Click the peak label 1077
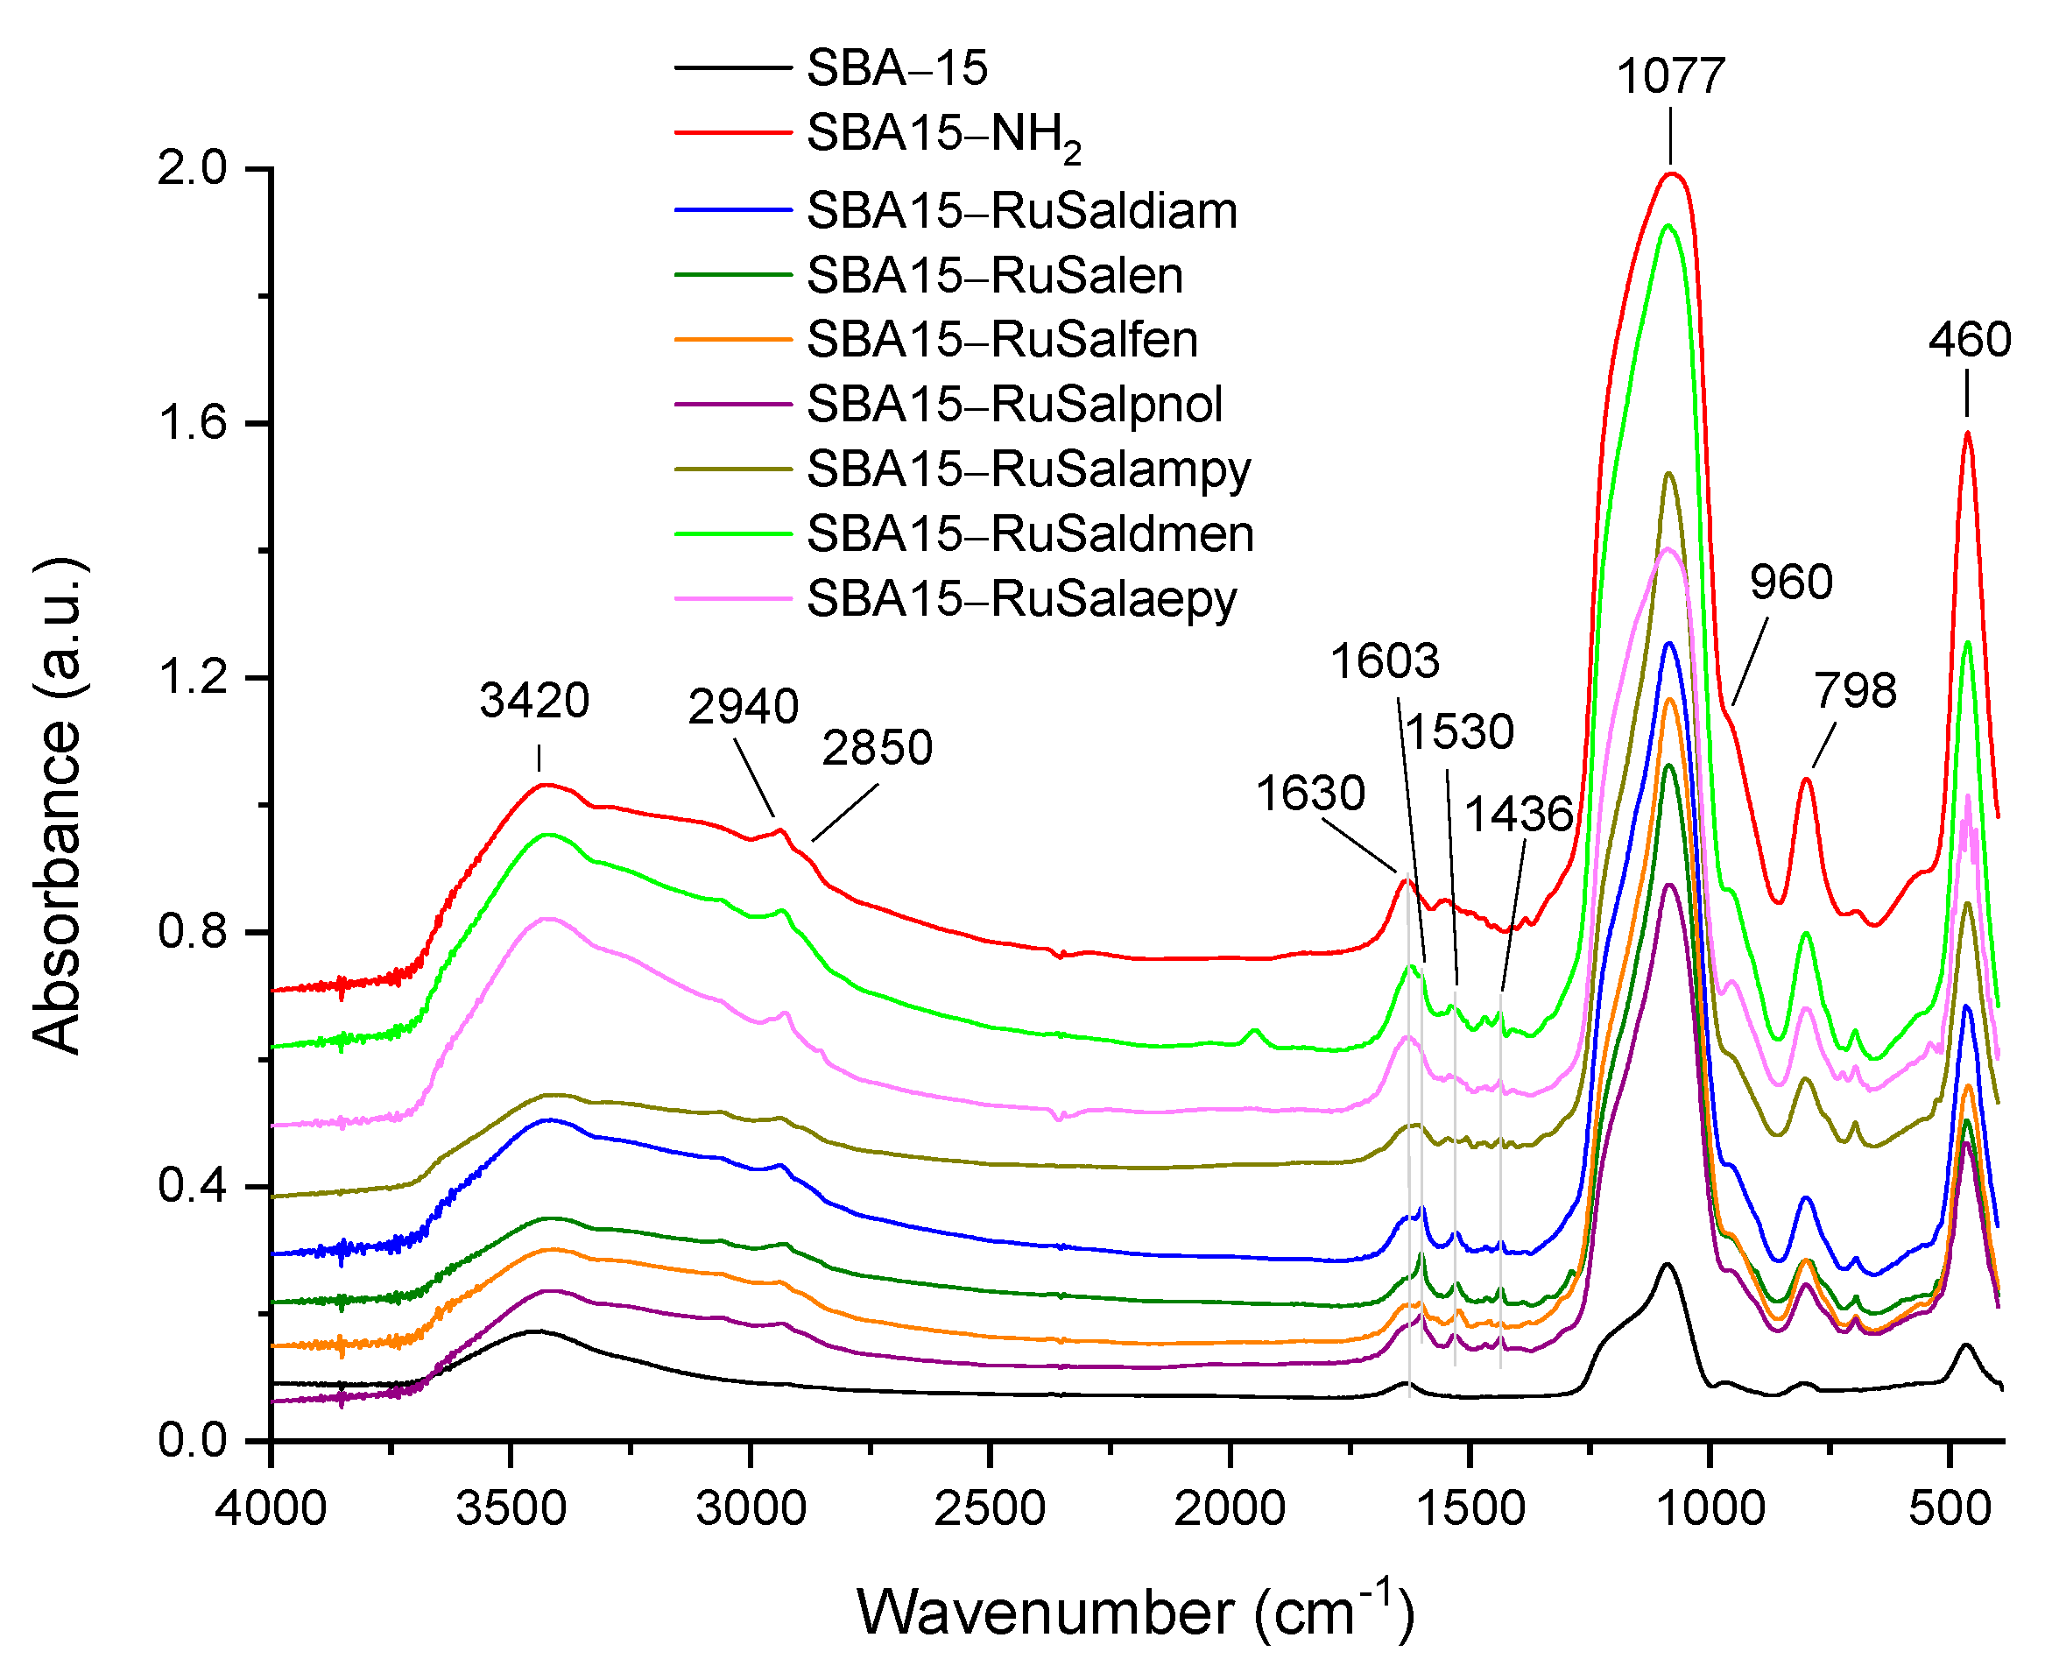[1670, 77]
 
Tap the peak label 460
[1970, 340]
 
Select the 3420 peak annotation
[535, 701]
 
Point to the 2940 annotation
[743, 709]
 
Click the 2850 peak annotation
[877, 749]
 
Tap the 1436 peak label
[1519, 815]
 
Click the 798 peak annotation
[1855, 691]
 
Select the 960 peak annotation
[1791, 583]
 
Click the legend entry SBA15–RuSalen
[995, 277]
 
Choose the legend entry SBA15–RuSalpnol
[1015, 405]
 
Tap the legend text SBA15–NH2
[943, 134]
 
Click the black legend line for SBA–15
[732, 67]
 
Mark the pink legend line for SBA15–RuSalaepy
[732, 599]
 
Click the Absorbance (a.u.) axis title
[58, 805]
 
